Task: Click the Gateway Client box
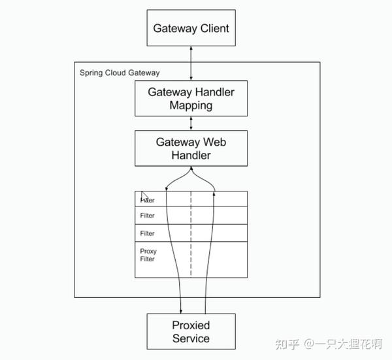[x=191, y=28]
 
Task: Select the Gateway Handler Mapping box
[x=191, y=98]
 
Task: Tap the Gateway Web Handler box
[x=191, y=148]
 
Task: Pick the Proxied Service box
[x=191, y=331]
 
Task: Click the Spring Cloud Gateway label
[x=120, y=73]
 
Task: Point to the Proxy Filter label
[x=148, y=255]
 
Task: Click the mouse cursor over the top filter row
[x=145, y=197]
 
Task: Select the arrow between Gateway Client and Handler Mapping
[x=191, y=63]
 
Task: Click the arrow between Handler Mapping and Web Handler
[x=191, y=123]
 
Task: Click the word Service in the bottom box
[x=191, y=338]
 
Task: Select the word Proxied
[x=191, y=325]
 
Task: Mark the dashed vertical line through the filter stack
[x=191, y=235]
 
